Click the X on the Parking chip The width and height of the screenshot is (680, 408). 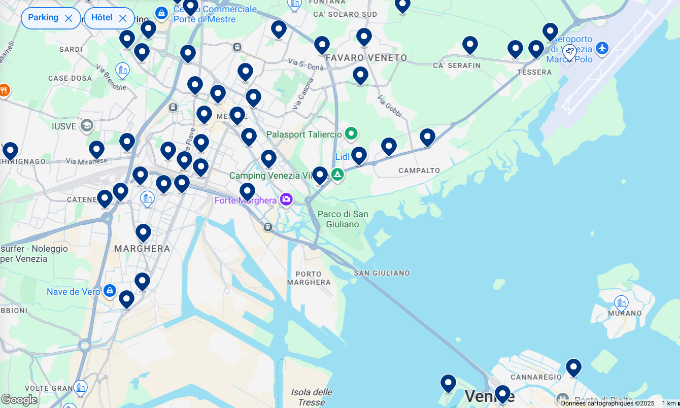pos(69,18)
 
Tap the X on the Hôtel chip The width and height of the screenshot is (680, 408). pos(123,18)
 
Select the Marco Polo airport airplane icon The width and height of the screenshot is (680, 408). pos(602,48)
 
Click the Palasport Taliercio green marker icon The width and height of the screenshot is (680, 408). pos(351,134)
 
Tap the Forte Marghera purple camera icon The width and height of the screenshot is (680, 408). pos(286,199)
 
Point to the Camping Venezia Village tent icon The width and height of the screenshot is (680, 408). pos(337,175)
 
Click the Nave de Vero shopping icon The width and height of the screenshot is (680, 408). pos(109,291)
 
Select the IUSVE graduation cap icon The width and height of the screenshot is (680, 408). pos(87,125)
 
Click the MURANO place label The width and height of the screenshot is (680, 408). pos(625,313)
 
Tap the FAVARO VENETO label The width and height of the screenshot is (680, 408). pos(366,58)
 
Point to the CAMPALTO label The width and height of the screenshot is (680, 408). pos(419,171)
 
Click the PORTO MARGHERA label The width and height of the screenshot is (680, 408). pos(309,278)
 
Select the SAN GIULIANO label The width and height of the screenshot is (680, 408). pos(382,273)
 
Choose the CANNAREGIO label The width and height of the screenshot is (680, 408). pos(536,377)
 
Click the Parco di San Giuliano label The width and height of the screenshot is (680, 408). pos(343,219)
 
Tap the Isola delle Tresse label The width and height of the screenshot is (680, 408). pos(312,397)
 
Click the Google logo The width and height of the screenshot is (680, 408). pos(19,400)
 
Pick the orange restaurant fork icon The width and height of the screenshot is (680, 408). pos(4,91)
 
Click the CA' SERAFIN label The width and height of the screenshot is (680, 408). pos(457,65)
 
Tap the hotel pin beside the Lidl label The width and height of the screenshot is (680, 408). pos(359,155)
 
